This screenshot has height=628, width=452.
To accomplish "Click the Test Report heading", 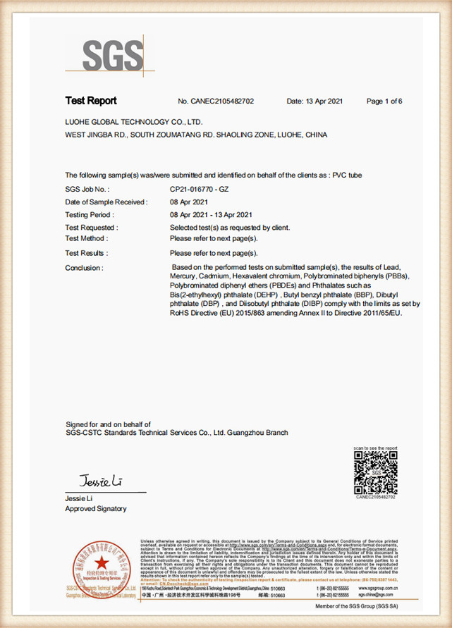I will (x=91, y=101).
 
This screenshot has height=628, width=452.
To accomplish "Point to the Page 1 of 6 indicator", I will (x=384, y=101).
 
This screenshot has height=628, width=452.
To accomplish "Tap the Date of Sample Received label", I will (x=106, y=202).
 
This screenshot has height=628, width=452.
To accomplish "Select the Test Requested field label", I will (x=92, y=228).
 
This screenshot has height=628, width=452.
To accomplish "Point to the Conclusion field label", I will (x=85, y=268).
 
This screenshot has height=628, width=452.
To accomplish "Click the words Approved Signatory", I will (x=96, y=508).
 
